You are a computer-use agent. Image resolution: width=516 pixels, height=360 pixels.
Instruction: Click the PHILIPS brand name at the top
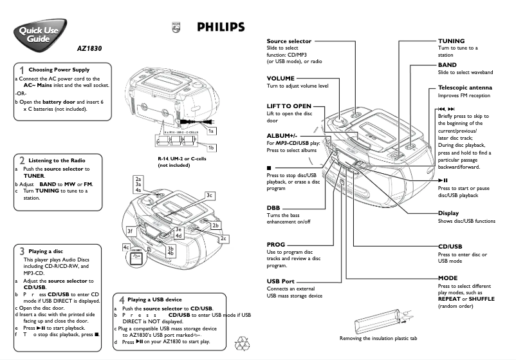click(x=221, y=27)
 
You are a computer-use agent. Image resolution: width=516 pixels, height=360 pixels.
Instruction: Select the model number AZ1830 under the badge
click(x=89, y=48)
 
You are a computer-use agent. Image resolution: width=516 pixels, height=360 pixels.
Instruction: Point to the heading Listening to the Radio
click(x=57, y=160)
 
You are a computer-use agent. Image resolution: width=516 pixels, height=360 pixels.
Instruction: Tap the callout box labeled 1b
click(x=210, y=147)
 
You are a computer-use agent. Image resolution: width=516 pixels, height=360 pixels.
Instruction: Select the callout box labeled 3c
click(x=209, y=194)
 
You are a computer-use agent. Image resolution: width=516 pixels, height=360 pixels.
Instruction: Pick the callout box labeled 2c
click(x=223, y=239)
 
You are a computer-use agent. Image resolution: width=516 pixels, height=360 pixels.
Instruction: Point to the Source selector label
click(x=289, y=41)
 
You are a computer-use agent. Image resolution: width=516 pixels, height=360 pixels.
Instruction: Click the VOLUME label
click(x=281, y=77)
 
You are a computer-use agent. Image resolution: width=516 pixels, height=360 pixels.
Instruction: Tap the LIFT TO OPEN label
click(x=289, y=106)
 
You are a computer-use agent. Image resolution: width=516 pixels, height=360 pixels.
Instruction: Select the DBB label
click(x=273, y=207)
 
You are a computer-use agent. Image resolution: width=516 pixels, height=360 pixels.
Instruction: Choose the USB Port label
click(x=281, y=281)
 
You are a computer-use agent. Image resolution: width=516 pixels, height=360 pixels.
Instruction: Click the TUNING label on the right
click(x=452, y=41)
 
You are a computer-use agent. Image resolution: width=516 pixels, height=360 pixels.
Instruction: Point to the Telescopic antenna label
click(x=465, y=88)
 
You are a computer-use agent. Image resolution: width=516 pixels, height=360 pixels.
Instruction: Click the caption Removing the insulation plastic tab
click(x=378, y=338)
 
